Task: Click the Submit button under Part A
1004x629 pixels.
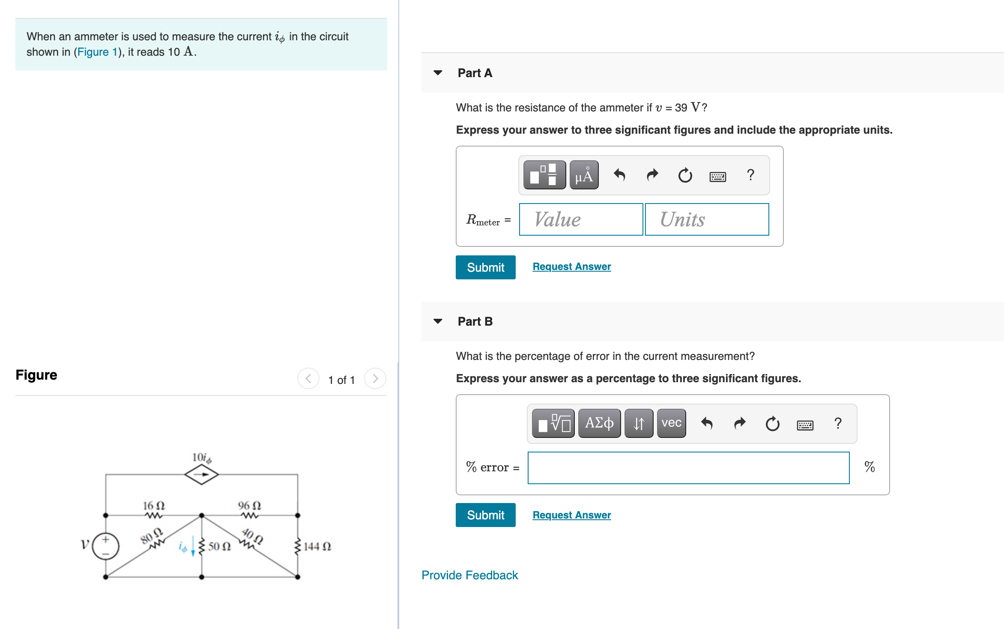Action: coord(485,267)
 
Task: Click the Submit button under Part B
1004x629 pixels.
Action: coord(485,515)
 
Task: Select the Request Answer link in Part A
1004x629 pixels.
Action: coord(571,267)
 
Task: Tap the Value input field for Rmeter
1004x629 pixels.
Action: coord(580,219)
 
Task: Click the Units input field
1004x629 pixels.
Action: coord(707,219)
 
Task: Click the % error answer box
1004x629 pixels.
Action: coord(688,467)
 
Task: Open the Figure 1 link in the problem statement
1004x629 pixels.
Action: coord(97,52)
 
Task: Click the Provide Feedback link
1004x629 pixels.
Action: coord(469,575)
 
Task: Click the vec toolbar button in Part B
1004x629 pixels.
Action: coord(671,423)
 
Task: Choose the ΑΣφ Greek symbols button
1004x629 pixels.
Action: coord(599,423)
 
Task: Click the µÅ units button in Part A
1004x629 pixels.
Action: coord(583,175)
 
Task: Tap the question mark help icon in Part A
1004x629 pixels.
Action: coord(750,175)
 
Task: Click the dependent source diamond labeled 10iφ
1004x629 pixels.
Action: coord(201,474)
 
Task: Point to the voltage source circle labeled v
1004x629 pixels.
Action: coord(105,546)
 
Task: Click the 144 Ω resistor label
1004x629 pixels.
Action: coord(317,546)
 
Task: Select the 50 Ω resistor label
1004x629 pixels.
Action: coord(219,546)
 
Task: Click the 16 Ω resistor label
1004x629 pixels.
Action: coord(154,506)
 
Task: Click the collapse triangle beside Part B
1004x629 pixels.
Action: coord(438,321)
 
